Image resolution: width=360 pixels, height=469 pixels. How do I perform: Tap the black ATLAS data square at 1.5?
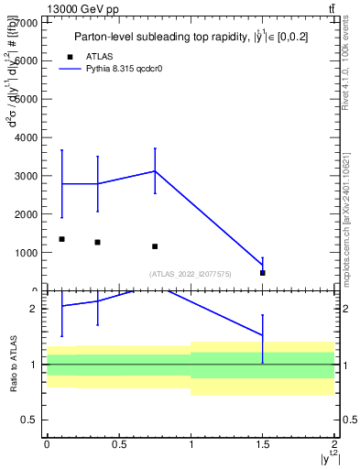click(x=262, y=273)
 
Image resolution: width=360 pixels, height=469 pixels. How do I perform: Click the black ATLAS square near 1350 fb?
click(x=61, y=239)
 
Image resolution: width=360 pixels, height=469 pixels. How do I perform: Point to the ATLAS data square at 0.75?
click(x=155, y=246)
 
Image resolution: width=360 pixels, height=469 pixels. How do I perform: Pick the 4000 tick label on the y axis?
click(x=27, y=137)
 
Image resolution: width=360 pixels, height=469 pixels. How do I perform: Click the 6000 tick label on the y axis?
click(x=27, y=60)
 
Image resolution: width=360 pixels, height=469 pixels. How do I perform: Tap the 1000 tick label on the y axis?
click(x=27, y=253)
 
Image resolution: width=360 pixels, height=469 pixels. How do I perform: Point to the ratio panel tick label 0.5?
click(x=29, y=420)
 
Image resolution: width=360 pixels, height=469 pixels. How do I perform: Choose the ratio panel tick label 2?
click(x=35, y=309)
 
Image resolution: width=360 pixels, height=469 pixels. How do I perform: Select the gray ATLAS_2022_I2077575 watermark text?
click(x=189, y=274)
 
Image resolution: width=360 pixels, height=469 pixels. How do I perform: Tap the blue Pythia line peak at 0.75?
click(x=155, y=171)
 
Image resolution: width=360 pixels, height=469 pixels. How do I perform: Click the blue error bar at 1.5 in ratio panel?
click(x=262, y=338)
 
